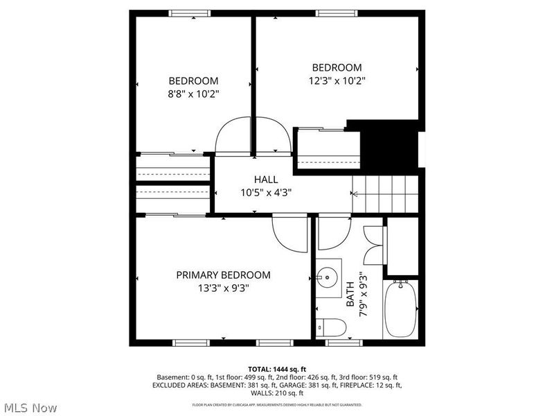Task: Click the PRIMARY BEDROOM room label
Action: point(223,275)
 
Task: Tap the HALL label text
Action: point(265,180)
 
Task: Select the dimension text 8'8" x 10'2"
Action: point(193,94)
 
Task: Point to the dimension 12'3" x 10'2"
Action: point(337,80)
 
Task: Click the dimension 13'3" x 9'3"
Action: point(223,288)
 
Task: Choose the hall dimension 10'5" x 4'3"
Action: point(265,193)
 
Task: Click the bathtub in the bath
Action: point(401,308)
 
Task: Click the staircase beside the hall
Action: point(385,194)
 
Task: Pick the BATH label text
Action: point(350,295)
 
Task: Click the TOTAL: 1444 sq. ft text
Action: point(277,368)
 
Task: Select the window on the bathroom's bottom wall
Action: point(343,342)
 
